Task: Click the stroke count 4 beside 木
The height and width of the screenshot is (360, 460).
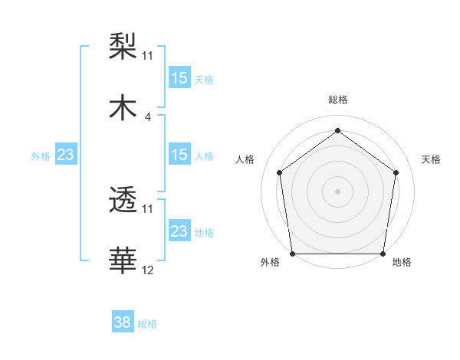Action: [x=147, y=117]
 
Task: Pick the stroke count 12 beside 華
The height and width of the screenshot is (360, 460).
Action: [x=148, y=270]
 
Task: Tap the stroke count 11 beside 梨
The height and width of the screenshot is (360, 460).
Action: [x=148, y=55]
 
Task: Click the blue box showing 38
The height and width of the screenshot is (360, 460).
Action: [x=123, y=322]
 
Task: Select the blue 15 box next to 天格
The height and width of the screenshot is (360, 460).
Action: [x=179, y=77]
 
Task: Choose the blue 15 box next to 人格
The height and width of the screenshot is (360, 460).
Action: [x=179, y=154]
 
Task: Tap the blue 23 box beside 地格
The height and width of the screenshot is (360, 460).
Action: [x=179, y=231]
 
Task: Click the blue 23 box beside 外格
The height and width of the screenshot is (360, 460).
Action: [x=66, y=155]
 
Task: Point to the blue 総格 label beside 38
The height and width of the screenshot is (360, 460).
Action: [x=147, y=324]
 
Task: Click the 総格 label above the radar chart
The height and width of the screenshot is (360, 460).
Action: [x=338, y=100]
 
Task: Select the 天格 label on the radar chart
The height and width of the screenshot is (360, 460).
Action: [x=431, y=159]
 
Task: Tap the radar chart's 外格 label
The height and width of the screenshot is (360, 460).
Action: [x=270, y=262]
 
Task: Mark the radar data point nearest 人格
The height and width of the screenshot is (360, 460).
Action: [x=279, y=172]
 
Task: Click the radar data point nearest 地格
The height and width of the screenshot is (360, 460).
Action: [x=383, y=254]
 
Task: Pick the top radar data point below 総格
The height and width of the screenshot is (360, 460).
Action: [x=337, y=130]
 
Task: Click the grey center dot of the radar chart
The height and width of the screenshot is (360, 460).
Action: [x=337, y=191]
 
